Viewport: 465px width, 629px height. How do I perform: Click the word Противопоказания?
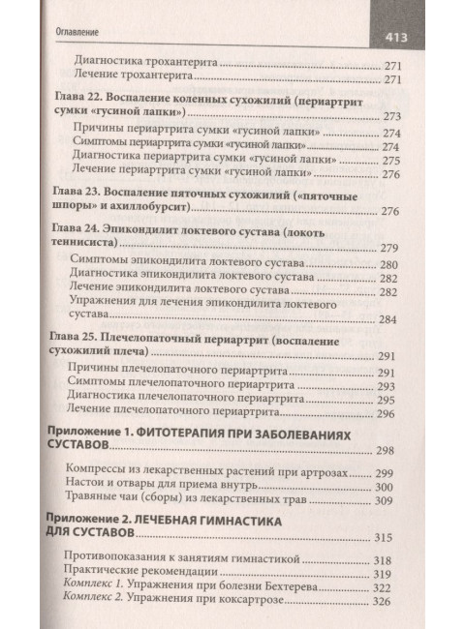coord(119,558)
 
